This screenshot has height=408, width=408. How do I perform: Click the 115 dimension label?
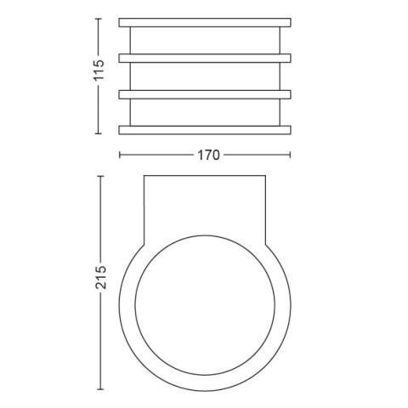click(99, 71)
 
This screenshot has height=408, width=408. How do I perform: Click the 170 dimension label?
click(208, 156)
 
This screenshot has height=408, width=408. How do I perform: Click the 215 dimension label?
click(100, 277)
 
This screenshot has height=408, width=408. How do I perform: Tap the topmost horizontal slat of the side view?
click(205, 23)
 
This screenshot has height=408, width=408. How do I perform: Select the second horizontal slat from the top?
click(205, 59)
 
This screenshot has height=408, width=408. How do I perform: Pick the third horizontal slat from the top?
click(205, 94)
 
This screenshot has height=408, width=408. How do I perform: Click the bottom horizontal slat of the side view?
click(205, 130)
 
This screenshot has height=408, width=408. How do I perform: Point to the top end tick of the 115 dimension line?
click(98, 19)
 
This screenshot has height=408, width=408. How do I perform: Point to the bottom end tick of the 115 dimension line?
click(98, 133)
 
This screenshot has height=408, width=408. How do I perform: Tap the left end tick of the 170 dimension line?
click(120, 155)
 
